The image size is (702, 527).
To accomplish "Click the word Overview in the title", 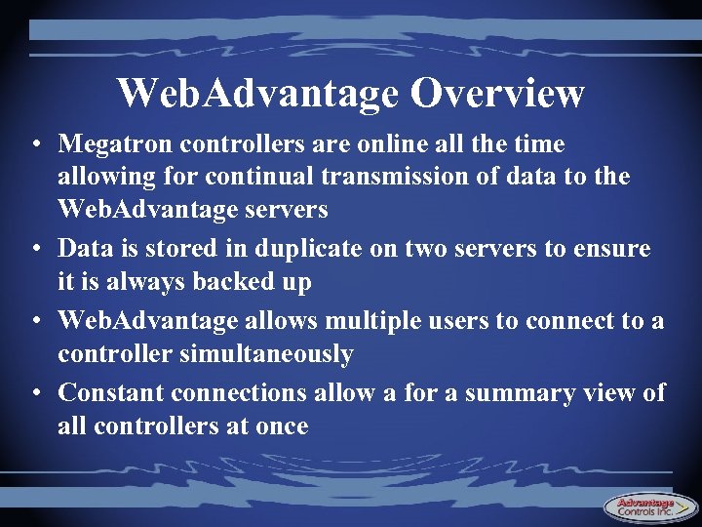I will click(x=497, y=94).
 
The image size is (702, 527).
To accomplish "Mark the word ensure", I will click(x=613, y=249).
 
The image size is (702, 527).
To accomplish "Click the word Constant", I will click(x=110, y=392).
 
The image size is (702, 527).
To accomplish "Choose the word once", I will click(x=282, y=426).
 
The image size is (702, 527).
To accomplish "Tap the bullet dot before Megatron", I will click(x=35, y=145).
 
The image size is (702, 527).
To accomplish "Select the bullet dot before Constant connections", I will click(x=35, y=393).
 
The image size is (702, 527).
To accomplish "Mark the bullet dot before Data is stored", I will click(x=35, y=250).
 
